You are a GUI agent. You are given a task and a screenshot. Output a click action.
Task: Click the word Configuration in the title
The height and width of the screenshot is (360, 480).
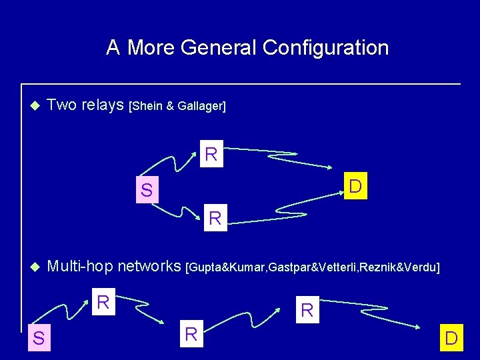click(325, 48)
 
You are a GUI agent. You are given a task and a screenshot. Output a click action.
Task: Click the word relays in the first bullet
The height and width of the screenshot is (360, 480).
click(103, 105)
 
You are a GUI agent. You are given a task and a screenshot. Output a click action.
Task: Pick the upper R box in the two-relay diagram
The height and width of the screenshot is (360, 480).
click(211, 155)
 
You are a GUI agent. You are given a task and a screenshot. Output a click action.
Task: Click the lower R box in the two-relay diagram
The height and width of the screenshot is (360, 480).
click(215, 218)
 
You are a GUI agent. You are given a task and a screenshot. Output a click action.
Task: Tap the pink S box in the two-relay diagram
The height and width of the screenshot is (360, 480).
click(146, 191)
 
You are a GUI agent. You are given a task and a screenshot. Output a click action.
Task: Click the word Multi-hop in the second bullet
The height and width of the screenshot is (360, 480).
click(81, 267)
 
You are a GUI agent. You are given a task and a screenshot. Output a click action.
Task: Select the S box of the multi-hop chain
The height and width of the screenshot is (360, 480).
click(39, 339)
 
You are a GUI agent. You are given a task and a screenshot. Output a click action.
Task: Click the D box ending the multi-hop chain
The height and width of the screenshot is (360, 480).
click(451, 339)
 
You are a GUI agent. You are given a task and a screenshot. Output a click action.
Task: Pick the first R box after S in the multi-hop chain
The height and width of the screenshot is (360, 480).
click(103, 302)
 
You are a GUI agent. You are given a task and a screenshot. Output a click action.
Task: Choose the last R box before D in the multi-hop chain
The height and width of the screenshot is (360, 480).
click(307, 310)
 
